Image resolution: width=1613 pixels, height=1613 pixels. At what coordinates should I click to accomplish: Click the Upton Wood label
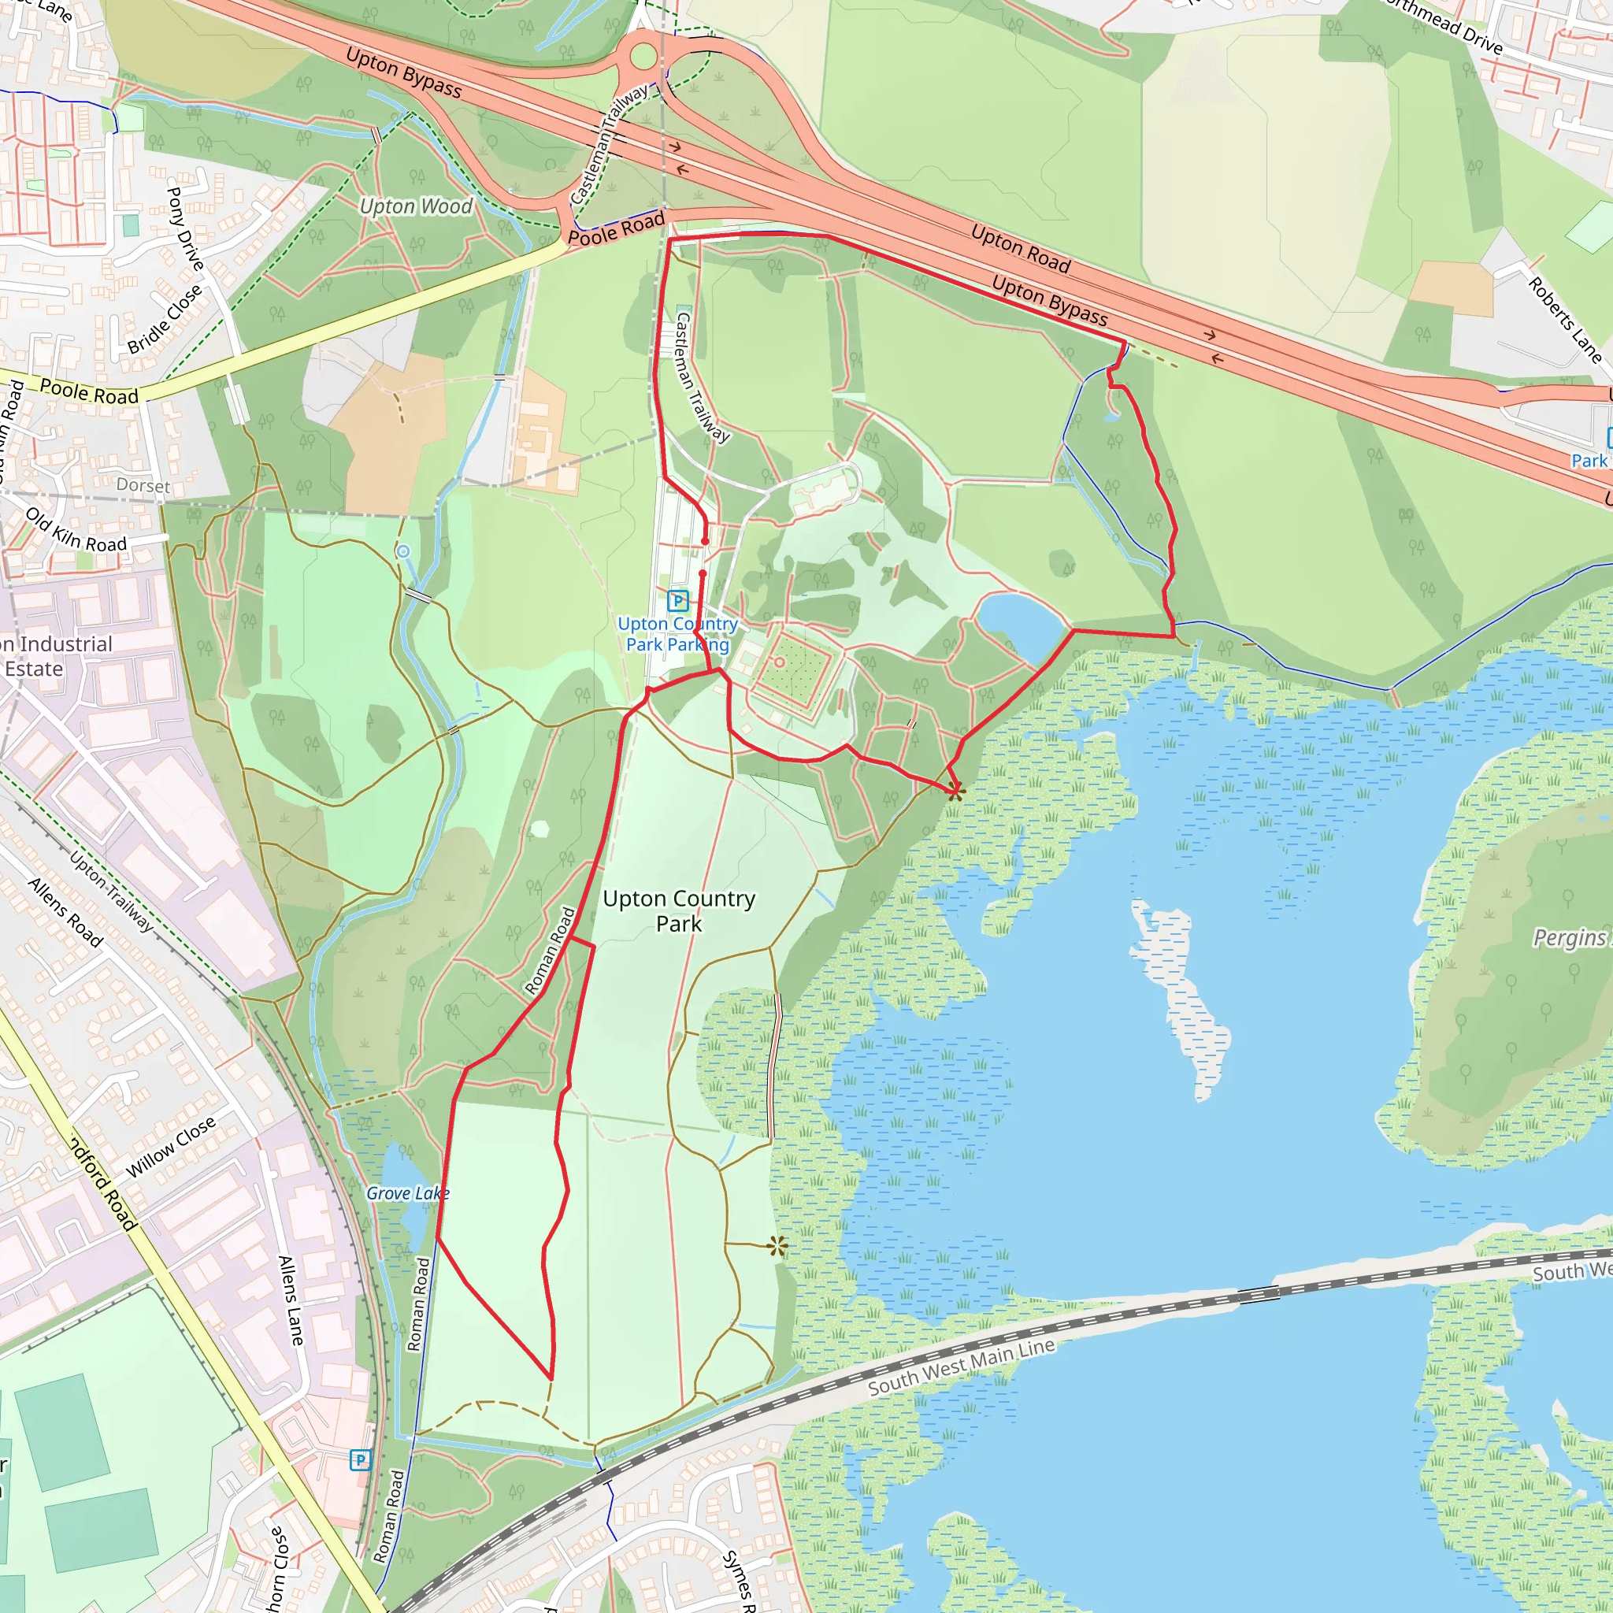pos(416,206)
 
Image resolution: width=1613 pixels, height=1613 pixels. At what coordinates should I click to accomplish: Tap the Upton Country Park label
pos(679,911)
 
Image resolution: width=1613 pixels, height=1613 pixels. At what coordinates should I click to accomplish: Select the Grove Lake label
pos(407,1193)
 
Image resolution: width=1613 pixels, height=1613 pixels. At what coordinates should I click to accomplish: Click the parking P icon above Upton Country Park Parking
pos(678,600)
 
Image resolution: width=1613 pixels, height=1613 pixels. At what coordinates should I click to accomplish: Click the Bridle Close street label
pos(165,319)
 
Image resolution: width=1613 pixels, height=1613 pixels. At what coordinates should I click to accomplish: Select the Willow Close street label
pos(170,1147)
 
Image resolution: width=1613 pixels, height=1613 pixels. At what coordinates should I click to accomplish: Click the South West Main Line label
pos(961,1366)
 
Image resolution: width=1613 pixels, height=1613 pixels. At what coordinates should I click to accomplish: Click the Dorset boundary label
pos(143,485)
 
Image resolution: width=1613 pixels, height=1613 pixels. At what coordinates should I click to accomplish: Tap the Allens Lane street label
pos(290,1300)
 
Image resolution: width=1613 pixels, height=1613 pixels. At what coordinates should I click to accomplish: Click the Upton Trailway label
pos(111,891)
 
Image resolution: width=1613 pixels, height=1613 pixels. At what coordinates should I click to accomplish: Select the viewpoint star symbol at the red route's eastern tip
pos(956,791)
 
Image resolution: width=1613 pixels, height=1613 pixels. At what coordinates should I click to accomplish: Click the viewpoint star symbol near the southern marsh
pos(777,1248)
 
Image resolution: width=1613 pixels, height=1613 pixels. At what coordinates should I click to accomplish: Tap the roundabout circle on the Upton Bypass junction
pos(643,57)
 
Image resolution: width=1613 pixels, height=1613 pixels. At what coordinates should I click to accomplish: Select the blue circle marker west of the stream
pos(403,551)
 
